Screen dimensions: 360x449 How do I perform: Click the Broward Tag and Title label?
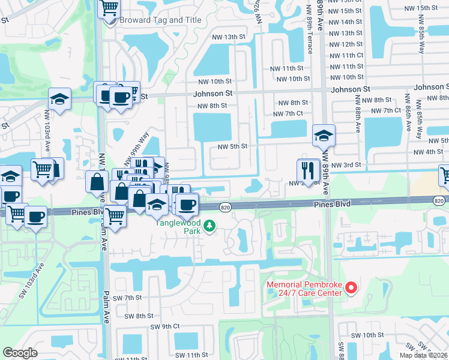pyautogui.click(x=152, y=20)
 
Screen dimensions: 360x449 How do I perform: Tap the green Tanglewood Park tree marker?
pyautogui.click(x=209, y=226)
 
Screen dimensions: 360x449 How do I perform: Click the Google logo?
pyautogui.click(x=20, y=353)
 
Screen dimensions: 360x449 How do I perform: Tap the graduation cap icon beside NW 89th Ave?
pyautogui.click(x=323, y=136)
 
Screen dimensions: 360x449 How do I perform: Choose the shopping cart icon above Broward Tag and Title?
pyautogui.click(x=109, y=8)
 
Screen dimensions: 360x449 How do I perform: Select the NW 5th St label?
pyautogui.click(x=232, y=146)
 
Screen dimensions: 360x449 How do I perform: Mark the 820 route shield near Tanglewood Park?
pyautogui.click(x=222, y=206)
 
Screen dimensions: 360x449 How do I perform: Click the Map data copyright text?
pyautogui.click(x=424, y=355)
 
